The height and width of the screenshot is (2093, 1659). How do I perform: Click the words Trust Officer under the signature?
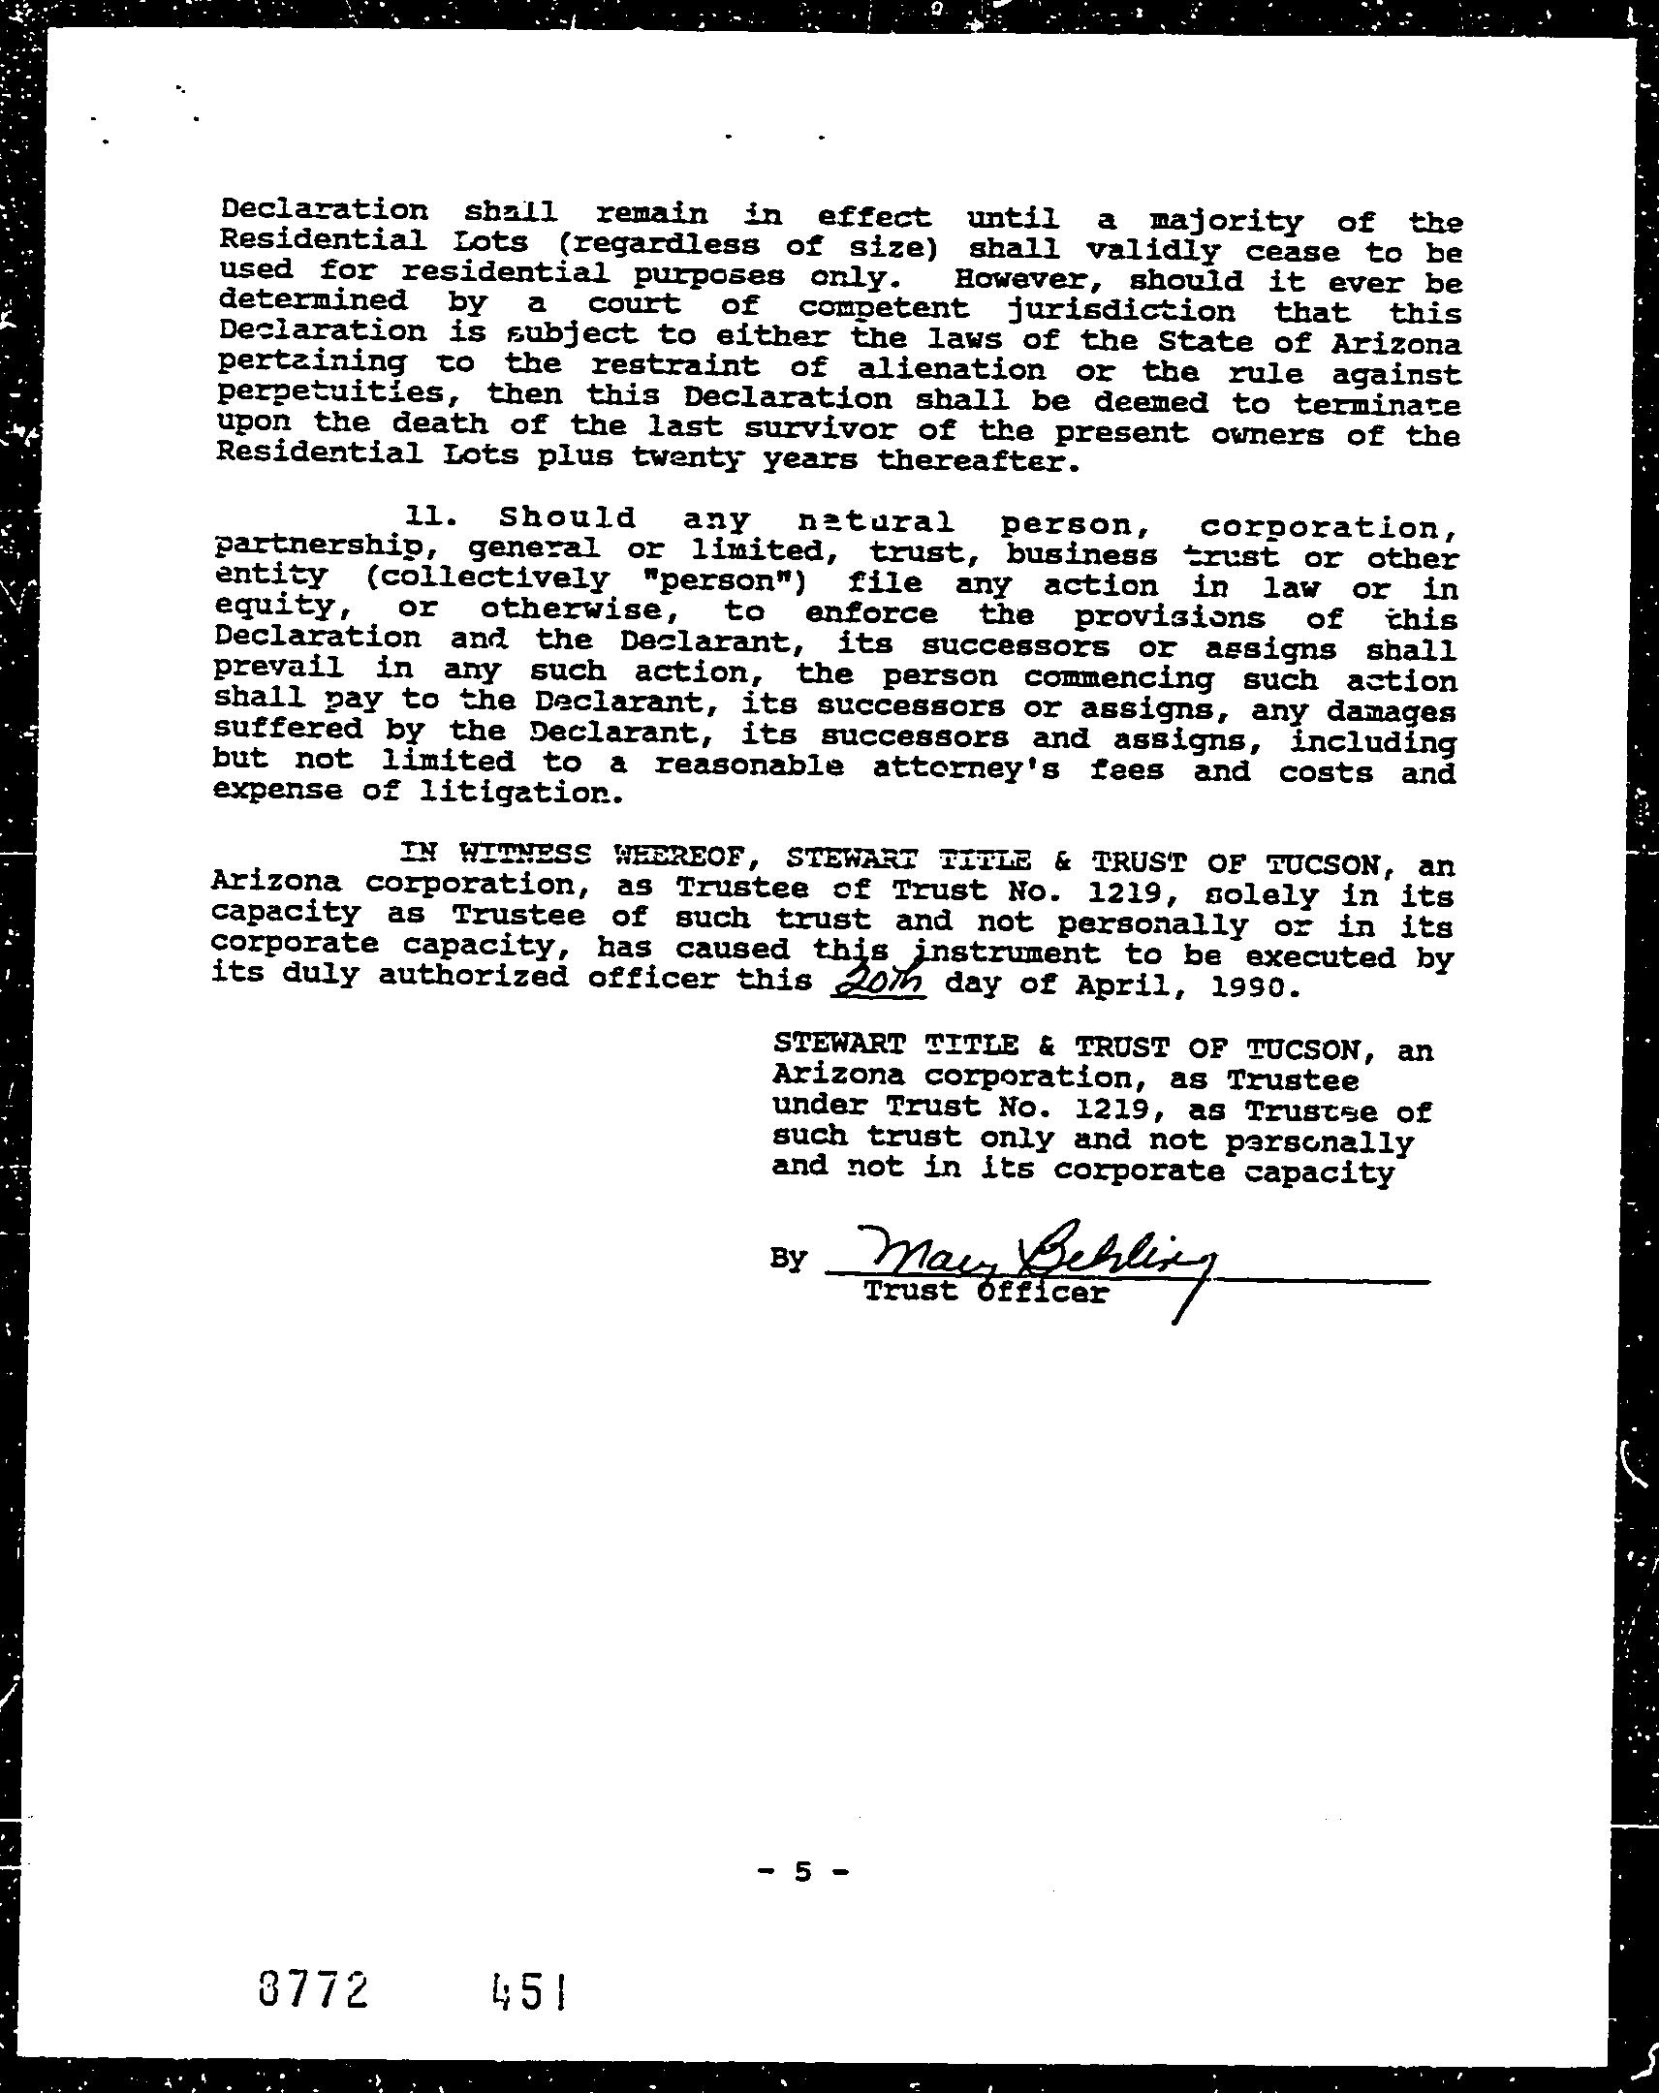point(985,1292)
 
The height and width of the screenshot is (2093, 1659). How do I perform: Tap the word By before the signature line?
point(788,1259)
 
